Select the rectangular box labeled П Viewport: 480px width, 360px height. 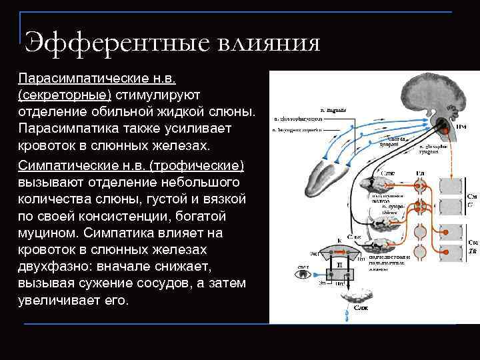pos(339,273)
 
